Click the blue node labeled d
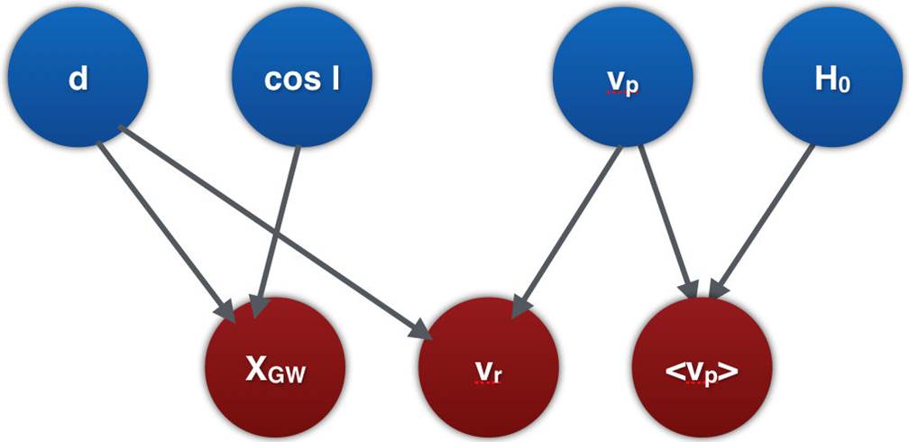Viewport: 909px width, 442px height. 78,79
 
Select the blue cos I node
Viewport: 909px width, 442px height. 303,79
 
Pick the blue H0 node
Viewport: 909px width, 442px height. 831,79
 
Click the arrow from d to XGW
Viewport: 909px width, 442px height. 162,226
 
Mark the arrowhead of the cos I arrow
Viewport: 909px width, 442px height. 258,307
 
